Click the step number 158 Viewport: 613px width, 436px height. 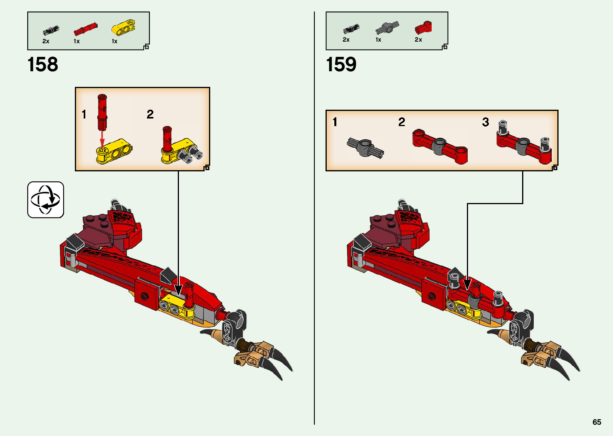pyautogui.click(x=43, y=64)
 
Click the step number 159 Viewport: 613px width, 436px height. pyautogui.click(x=341, y=64)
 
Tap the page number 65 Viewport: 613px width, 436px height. pyautogui.click(x=597, y=422)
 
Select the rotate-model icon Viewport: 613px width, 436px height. pyautogui.click(x=46, y=200)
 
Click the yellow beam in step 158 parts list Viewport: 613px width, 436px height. pyautogui.click(x=123, y=27)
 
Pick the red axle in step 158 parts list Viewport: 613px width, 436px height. pyautogui.click(x=85, y=29)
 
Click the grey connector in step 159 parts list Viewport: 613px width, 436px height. pyautogui.click(x=387, y=28)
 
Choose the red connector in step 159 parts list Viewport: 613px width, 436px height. pyautogui.click(x=423, y=28)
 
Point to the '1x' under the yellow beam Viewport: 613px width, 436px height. pyautogui.click(x=115, y=41)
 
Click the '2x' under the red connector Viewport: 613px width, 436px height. pyautogui.click(x=418, y=40)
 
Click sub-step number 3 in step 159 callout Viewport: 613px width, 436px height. pyautogui.click(x=485, y=122)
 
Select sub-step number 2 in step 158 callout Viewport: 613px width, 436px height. pyautogui.click(x=150, y=115)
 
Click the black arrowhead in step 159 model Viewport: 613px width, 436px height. pyautogui.click(x=467, y=284)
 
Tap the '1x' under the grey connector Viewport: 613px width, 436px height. pyautogui.click(x=378, y=40)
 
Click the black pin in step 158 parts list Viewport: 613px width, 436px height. pyautogui.click(x=51, y=30)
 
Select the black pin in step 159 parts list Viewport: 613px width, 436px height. pyautogui.click(x=351, y=29)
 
